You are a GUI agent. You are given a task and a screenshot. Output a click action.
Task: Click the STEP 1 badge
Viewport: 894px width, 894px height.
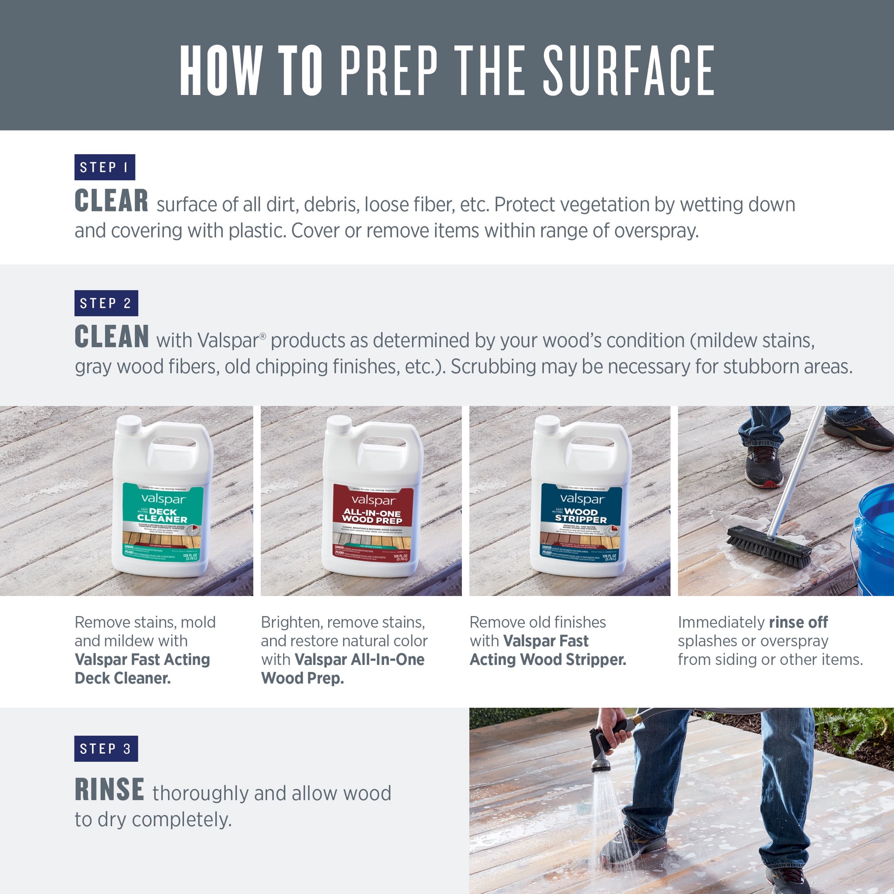click(104, 167)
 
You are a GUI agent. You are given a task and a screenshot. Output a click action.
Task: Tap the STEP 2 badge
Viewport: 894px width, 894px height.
click(106, 303)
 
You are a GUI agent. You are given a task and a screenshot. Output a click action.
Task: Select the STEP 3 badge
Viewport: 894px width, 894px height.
click(106, 749)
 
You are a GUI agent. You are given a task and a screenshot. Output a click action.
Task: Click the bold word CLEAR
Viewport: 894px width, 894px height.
click(111, 201)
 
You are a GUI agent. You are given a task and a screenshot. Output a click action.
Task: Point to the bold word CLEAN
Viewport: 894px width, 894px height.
click(112, 337)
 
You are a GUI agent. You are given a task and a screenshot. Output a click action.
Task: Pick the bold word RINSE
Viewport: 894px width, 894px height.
click(109, 790)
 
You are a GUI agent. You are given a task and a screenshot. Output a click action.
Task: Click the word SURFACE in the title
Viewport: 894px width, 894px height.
click(629, 71)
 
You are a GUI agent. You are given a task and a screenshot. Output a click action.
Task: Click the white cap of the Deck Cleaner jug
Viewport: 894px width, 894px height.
click(129, 424)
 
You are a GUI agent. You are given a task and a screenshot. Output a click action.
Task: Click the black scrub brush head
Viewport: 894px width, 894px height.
click(768, 544)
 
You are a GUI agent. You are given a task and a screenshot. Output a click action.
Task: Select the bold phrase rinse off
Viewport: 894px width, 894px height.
click(798, 622)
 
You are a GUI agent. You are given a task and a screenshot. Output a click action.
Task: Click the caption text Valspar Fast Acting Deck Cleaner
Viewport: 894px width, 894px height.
click(142, 669)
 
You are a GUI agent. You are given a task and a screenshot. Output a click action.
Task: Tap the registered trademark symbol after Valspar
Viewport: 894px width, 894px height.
click(263, 336)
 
